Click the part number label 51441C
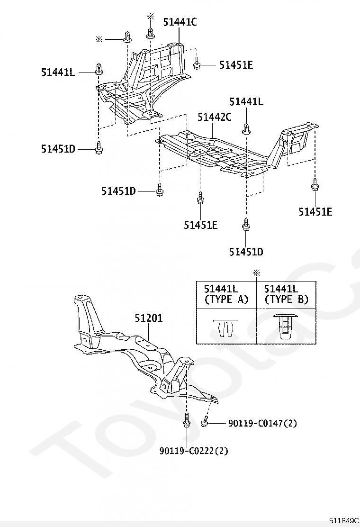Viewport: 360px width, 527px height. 180,22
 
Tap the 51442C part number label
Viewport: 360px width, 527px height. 214,117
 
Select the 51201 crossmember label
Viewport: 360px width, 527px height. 149,318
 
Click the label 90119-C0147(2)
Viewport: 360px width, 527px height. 262,423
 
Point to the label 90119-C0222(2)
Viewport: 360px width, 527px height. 194,450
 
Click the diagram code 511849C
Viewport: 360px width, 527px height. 344,521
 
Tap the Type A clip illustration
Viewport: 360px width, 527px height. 225,327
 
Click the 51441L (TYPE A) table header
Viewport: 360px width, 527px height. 226,294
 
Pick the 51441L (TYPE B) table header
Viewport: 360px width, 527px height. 286,294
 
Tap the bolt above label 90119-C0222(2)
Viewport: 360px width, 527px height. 187,420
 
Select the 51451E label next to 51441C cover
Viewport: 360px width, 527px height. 236,64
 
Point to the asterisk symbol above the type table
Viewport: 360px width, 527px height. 257,273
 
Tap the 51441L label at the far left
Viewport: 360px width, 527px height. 58,72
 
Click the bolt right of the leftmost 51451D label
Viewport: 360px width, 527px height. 99,148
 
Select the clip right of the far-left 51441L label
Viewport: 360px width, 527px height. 99,69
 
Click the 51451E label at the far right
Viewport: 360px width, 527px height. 315,211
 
